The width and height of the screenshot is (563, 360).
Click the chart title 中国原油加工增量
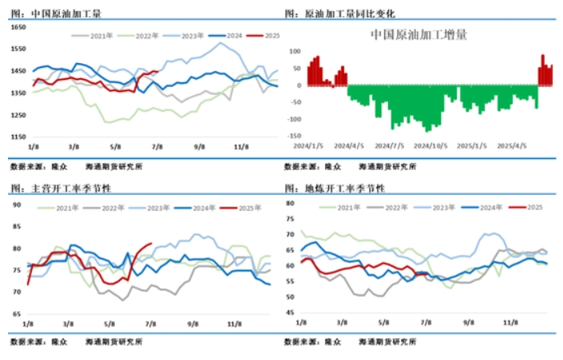click(x=418, y=35)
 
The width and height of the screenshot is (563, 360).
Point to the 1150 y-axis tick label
click(x=18, y=137)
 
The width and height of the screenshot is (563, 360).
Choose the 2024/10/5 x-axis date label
click(x=435, y=146)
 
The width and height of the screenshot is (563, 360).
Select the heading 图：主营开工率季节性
click(x=61, y=188)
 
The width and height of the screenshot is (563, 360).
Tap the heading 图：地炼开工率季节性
click(x=335, y=188)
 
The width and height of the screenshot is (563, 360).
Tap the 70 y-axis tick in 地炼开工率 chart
click(x=290, y=235)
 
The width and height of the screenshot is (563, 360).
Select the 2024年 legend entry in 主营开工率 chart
click(x=200, y=208)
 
